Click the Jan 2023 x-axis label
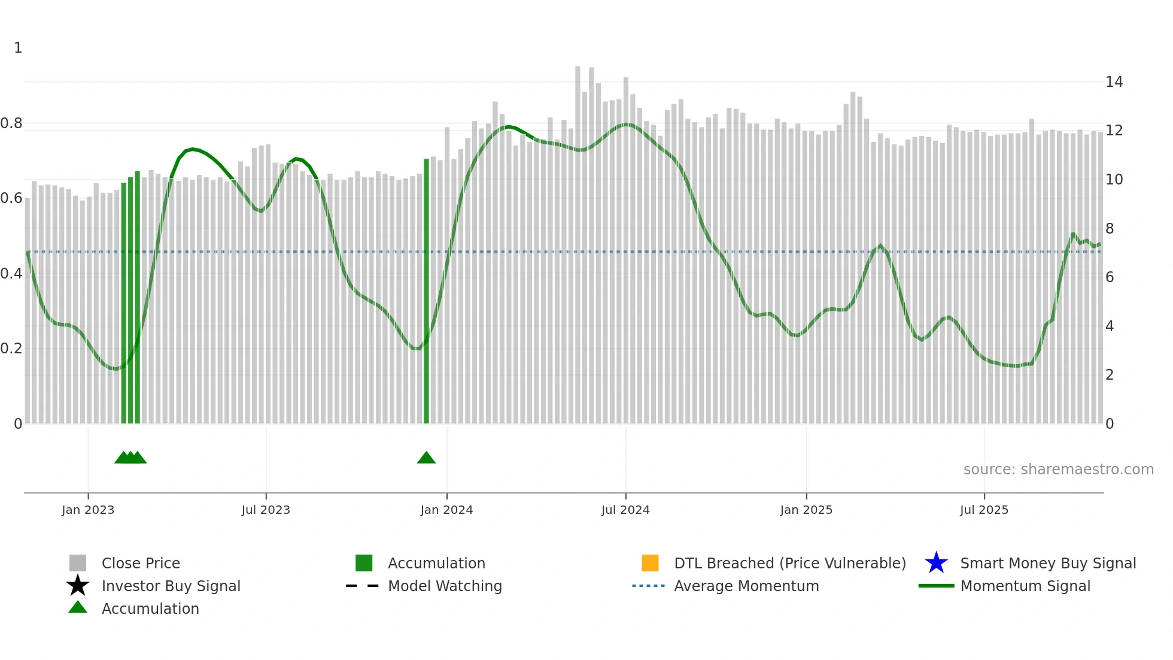[88, 510]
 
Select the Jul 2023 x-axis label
[266, 510]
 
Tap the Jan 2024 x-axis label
[446, 510]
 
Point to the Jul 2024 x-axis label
[625, 510]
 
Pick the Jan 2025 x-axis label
[806, 510]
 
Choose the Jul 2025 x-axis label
[984, 510]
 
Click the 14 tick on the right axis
[1114, 82]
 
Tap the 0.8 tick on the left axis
[11, 123]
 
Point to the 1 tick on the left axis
[18, 48]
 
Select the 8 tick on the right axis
[1110, 229]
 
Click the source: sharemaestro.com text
[1058, 470]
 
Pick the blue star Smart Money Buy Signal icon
[936, 563]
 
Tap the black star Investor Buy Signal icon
[78, 586]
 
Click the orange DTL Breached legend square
[650, 563]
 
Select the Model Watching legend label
[445, 586]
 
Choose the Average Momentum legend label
[746, 586]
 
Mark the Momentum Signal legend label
[1025, 586]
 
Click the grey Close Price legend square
[78, 563]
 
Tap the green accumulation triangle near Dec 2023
[426, 458]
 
